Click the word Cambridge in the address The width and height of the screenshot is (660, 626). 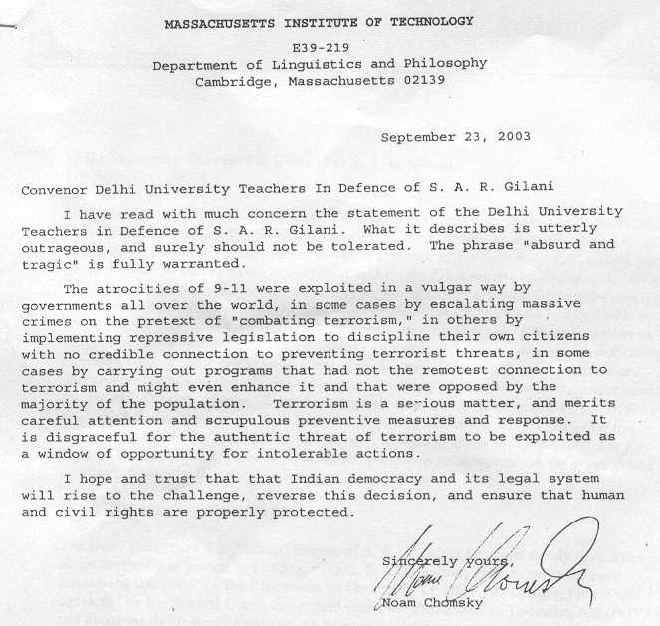tap(236, 82)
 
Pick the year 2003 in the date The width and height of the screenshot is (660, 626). tap(511, 136)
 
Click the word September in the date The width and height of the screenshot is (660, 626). tap(417, 136)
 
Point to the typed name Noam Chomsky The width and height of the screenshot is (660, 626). tap(431, 603)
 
